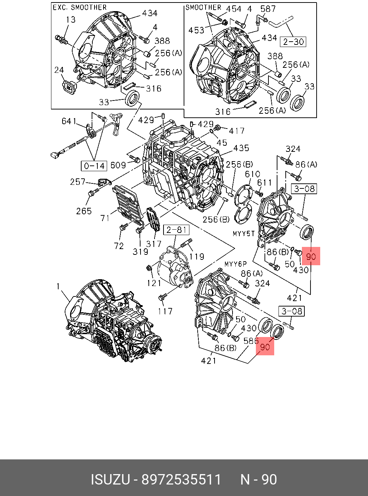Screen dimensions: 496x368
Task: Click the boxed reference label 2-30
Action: (294, 42)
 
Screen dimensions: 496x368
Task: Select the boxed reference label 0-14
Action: (94, 165)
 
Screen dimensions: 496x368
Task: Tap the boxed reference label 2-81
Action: (176, 230)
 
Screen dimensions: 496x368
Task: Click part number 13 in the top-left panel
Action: (71, 19)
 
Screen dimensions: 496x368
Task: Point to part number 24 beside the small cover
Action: (59, 70)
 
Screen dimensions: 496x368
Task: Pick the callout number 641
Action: (69, 121)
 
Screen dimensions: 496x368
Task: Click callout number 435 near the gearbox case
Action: (241, 148)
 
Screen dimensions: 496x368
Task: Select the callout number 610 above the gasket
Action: (253, 174)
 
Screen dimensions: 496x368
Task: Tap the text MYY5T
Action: (244, 234)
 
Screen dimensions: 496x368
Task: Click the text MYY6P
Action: (236, 265)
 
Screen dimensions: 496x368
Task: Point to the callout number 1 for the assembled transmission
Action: (58, 286)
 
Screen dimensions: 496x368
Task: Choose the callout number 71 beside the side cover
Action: (105, 218)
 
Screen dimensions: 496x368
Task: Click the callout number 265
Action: (84, 211)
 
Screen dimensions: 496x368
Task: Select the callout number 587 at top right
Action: (268, 9)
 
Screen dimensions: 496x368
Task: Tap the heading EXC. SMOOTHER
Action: (80, 8)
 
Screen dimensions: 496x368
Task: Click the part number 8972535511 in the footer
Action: (181, 479)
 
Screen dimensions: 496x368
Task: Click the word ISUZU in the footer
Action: (110, 479)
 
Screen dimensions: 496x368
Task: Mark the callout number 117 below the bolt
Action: (165, 311)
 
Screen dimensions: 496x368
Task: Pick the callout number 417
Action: (237, 131)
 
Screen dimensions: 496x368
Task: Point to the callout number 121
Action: (154, 283)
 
